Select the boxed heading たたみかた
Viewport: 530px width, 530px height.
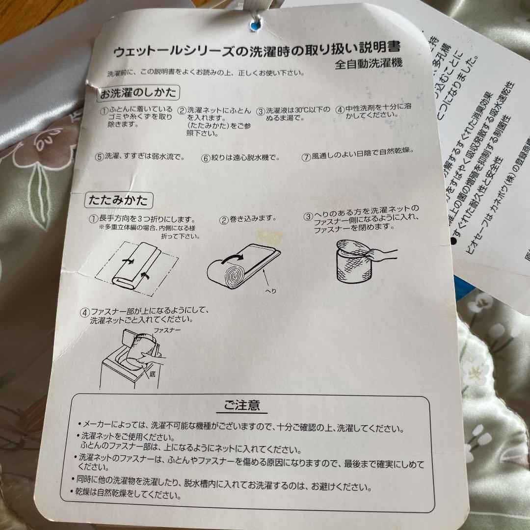[x=118, y=200]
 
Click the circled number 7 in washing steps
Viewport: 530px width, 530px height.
[x=306, y=157]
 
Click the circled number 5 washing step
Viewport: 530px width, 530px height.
[x=100, y=157]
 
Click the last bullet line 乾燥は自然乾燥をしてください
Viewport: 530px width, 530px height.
[x=132, y=495]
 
